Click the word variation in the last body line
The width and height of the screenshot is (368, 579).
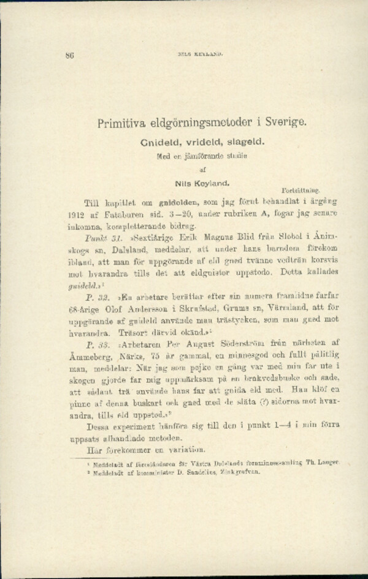pyautogui.click(x=186, y=449)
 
